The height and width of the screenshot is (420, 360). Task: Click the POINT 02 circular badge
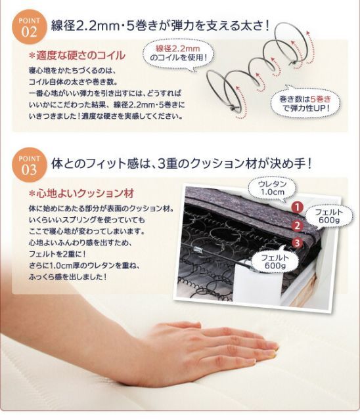29,27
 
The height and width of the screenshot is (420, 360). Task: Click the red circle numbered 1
296,207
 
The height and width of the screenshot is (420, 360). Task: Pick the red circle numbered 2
296,226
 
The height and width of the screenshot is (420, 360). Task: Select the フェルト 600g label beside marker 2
327,216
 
